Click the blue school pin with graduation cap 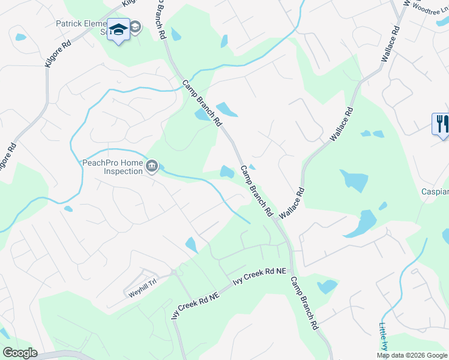coord(118,29)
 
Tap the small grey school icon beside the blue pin coord(135,27)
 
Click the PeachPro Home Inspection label coord(113,167)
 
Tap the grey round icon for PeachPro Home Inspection coord(152,166)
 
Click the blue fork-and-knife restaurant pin coord(442,125)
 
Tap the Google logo coord(20,353)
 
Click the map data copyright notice coord(412,355)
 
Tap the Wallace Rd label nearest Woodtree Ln coord(389,43)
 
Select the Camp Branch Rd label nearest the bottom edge coord(304,303)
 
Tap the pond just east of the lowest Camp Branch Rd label coord(328,286)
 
